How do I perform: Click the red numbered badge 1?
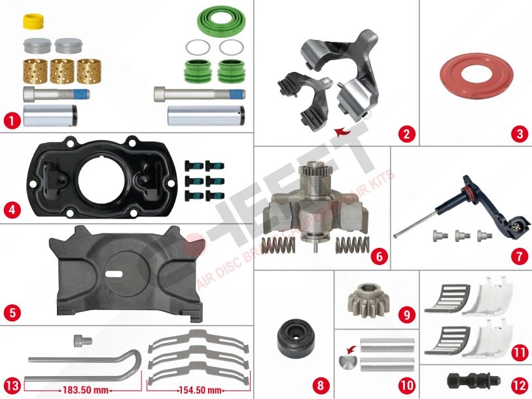pyautogui.click(x=11, y=120)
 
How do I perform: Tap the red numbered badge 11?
pyautogui.click(x=520, y=353)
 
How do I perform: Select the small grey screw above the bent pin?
pyautogui.click(x=80, y=339)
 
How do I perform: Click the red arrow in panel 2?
pyautogui.click(x=341, y=133)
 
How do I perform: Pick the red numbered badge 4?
pyautogui.click(x=11, y=210)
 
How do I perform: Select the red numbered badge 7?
pyautogui.click(x=519, y=256)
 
